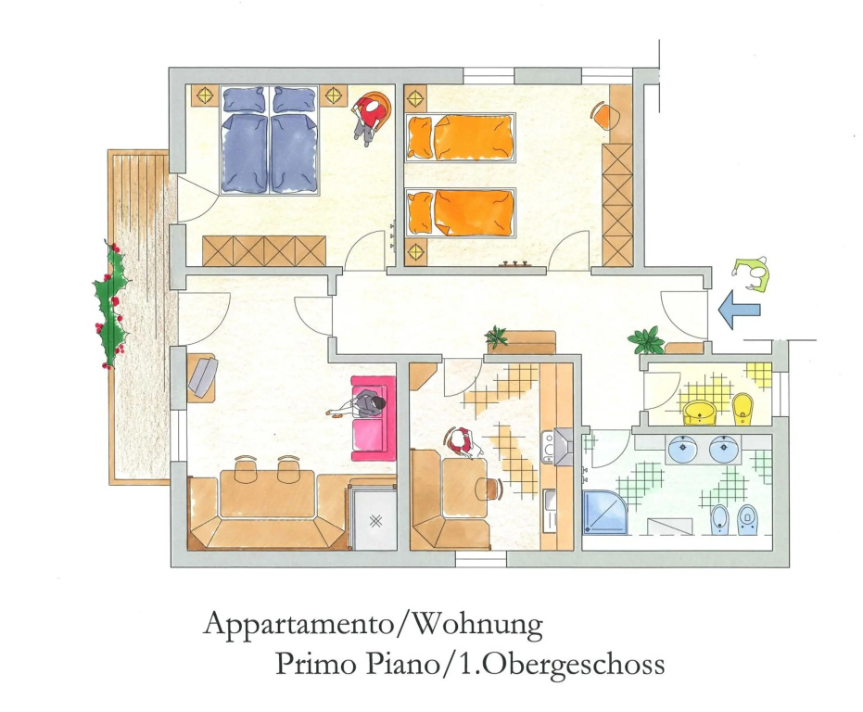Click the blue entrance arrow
740,310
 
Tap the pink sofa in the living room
373,418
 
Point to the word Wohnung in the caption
476,626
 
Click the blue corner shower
604,512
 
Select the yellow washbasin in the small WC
700,413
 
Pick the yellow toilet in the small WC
742,409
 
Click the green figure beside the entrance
751,273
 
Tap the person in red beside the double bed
371,118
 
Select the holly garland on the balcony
113,304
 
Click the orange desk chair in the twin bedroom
605,115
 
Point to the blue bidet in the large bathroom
720,519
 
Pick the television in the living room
202,375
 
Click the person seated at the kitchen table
462,442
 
